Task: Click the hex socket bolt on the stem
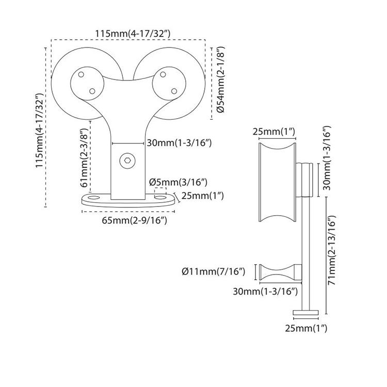click(x=127, y=161)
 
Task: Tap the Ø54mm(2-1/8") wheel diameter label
click(x=221, y=79)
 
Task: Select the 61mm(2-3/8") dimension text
click(x=85, y=158)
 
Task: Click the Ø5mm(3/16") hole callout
click(x=178, y=182)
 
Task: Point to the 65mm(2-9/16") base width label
click(x=135, y=220)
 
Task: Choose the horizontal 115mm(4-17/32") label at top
click(x=133, y=34)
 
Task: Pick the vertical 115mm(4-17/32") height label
click(x=40, y=131)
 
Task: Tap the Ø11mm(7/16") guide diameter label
click(x=214, y=272)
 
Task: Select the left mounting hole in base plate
click(x=94, y=198)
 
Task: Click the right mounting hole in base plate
click(x=160, y=197)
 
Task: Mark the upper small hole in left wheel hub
click(x=80, y=74)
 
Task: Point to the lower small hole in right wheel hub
click(x=174, y=91)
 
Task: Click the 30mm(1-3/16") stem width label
click(x=179, y=142)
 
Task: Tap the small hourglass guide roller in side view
click(x=280, y=272)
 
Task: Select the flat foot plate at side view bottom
click(x=305, y=313)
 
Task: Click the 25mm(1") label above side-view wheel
click(x=274, y=132)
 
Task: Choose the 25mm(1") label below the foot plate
click(x=306, y=328)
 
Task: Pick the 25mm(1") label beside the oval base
click(x=203, y=196)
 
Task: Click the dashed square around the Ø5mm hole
click(x=160, y=192)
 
